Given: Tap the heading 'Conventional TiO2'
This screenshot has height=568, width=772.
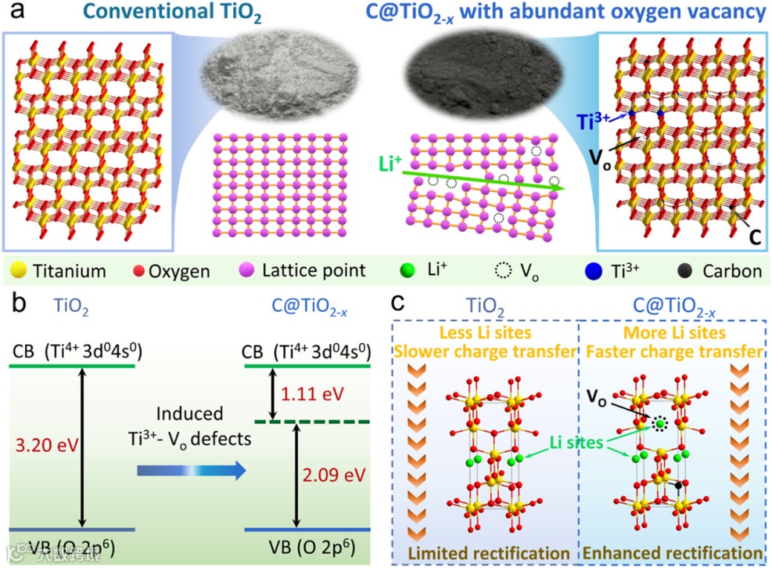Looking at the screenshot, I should point(137,15).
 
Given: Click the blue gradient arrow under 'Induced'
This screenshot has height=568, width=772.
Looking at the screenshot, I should point(191,470).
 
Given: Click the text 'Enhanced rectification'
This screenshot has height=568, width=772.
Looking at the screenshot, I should point(672,553).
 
